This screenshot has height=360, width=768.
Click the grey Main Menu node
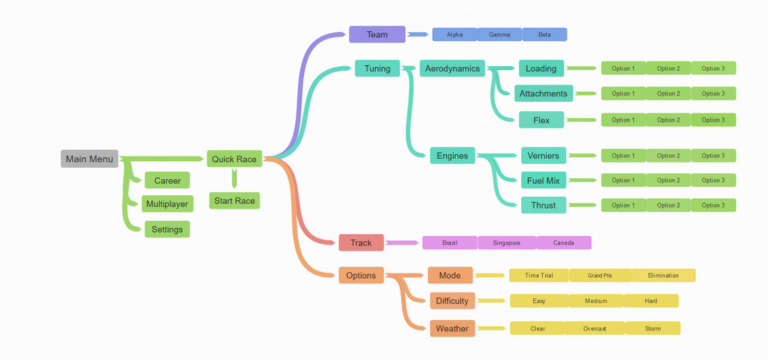coord(90,158)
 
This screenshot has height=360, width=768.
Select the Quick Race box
coord(234,158)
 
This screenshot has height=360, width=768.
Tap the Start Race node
coord(234,201)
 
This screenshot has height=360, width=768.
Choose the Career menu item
coord(167,180)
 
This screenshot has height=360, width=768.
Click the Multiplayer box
coord(167,204)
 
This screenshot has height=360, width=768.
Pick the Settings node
coord(167,229)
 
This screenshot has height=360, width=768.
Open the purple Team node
coord(377,34)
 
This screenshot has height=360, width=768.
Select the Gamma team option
coord(499,34)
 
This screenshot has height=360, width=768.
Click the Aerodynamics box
coord(452,68)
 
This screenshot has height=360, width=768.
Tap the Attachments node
coord(543,94)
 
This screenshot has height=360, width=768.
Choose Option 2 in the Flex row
coord(669,119)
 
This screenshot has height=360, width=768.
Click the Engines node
coord(452,156)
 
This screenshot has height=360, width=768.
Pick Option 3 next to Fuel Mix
coord(713,180)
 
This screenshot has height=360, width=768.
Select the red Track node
coord(361,243)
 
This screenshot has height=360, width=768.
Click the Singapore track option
coord(506,243)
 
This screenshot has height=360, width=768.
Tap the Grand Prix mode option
coord(600,275)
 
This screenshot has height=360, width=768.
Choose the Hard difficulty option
coord(651,301)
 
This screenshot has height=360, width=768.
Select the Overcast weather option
coord(595,328)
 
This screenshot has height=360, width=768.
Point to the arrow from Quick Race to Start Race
coord(234,179)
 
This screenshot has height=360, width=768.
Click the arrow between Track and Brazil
coord(402,243)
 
